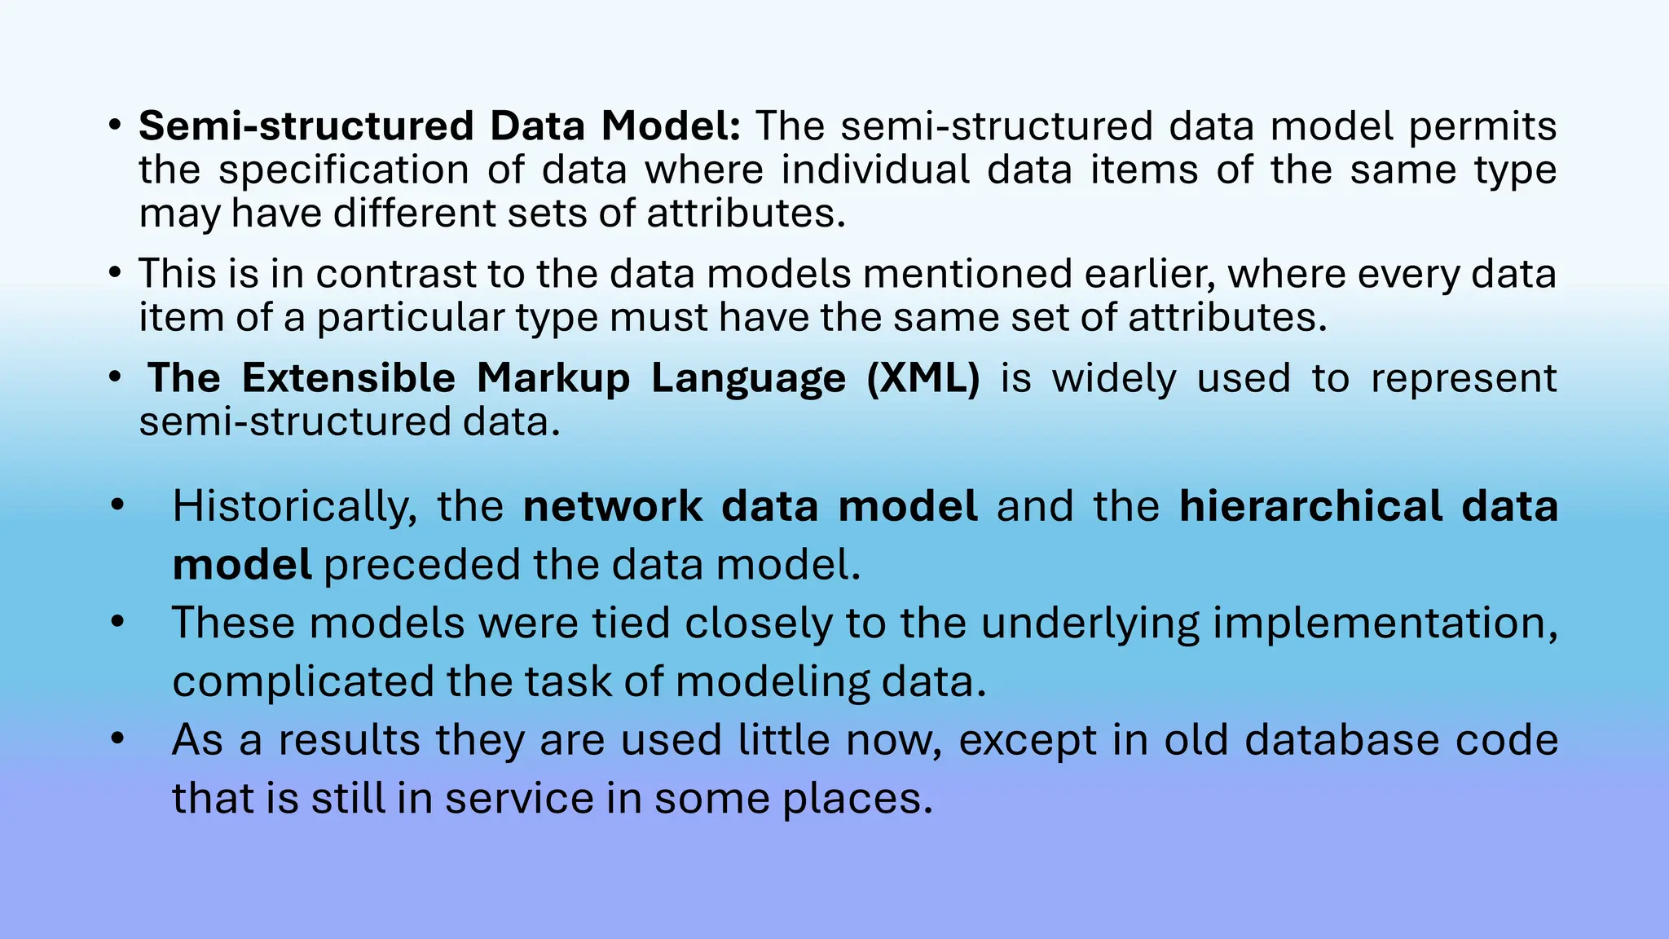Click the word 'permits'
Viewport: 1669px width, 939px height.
point(1482,127)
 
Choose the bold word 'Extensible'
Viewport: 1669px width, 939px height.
point(348,378)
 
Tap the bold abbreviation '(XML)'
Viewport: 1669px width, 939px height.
point(923,378)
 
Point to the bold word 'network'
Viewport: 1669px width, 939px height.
point(612,507)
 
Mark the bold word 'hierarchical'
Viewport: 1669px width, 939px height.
point(1310,507)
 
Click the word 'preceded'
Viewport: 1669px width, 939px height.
point(421,565)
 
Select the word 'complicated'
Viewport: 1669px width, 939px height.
point(302,681)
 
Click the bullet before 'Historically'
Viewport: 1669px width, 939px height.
point(118,505)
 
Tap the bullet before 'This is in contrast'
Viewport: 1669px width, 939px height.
point(115,272)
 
